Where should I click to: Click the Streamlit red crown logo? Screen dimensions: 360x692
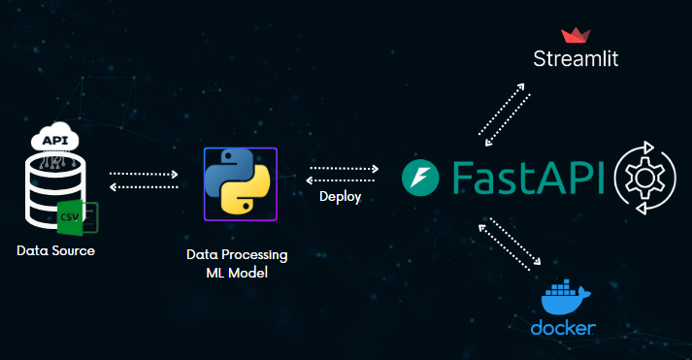(577, 36)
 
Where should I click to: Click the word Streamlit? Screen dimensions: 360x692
(577, 60)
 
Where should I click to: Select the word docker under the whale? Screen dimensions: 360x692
(563, 328)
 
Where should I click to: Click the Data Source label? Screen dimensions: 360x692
(55, 250)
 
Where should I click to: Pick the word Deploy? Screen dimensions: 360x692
(340, 197)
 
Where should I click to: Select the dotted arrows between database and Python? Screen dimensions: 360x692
(144, 180)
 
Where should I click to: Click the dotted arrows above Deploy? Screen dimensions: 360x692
(343, 174)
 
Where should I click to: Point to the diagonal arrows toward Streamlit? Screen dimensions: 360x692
(502, 111)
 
